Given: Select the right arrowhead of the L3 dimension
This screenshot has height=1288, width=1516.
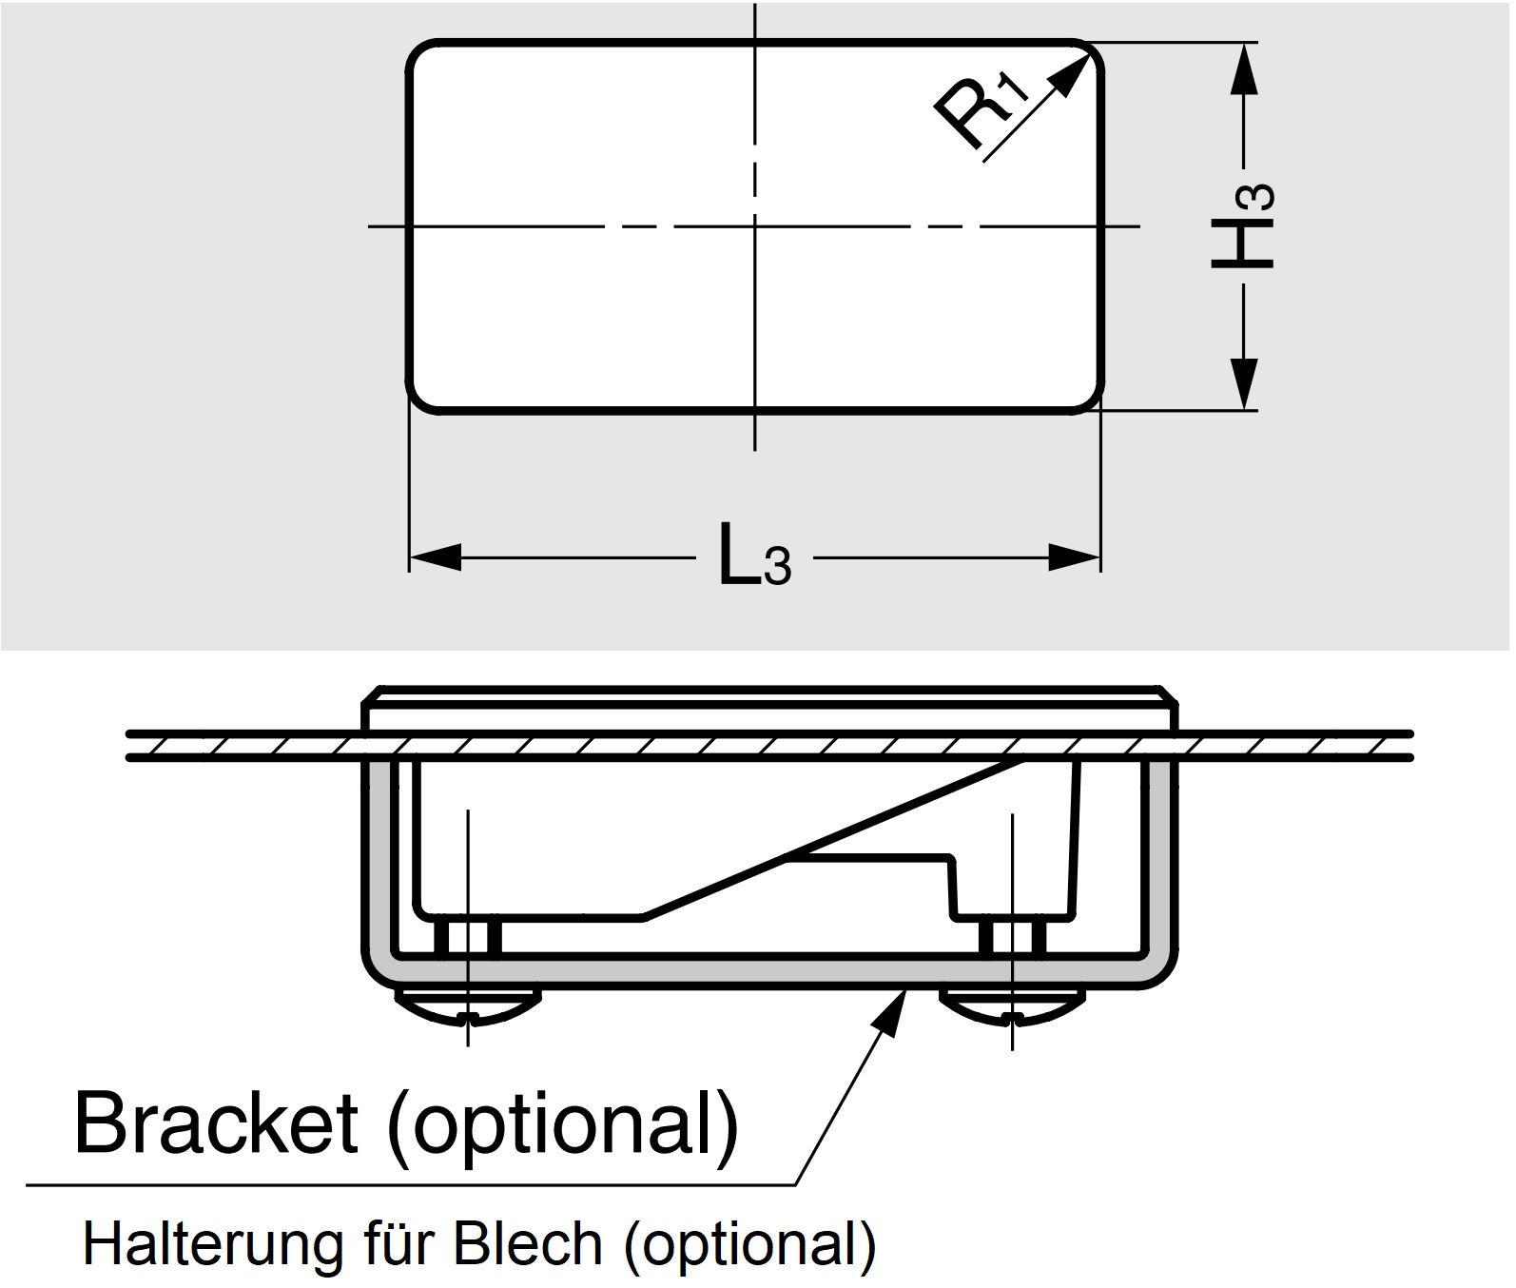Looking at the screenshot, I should coord(1074,557).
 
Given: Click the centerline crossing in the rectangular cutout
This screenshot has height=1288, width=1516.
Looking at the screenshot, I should coord(755,226).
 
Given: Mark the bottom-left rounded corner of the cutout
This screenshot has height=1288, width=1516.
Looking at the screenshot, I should coord(419,400).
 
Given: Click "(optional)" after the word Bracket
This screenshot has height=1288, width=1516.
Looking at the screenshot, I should coord(562,1123).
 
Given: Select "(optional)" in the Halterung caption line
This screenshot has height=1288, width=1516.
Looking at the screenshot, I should coord(749,1243).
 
